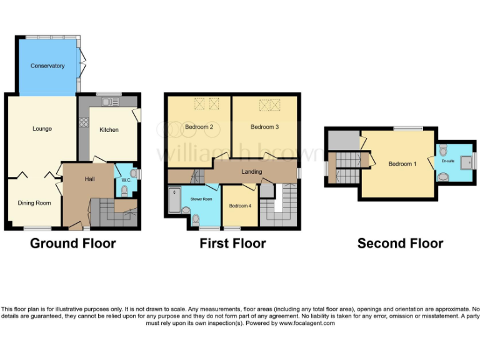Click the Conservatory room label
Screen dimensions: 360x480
[47, 66]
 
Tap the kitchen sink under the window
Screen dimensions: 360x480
[110, 101]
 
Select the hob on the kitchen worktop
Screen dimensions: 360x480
[82, 123]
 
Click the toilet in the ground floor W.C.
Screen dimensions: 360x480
[132, 172]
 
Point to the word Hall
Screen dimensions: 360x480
[90, 179]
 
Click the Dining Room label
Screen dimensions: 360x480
[34, 202]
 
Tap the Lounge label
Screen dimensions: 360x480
[42, 129]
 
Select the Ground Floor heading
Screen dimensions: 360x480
[72, 243]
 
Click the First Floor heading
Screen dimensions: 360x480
[232, 243]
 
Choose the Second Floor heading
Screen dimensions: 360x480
[400, 243]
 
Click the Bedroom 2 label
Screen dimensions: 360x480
[199, 127]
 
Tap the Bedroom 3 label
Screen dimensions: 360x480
[264, 127]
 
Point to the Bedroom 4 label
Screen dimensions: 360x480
[241, 206]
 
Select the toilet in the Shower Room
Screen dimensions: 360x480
[196, 218]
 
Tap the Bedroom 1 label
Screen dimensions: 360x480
[402, 164]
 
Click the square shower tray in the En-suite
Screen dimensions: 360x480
[465, 162]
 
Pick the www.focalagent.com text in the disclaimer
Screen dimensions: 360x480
[307, 323]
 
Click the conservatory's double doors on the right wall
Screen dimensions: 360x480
[80, 62]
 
